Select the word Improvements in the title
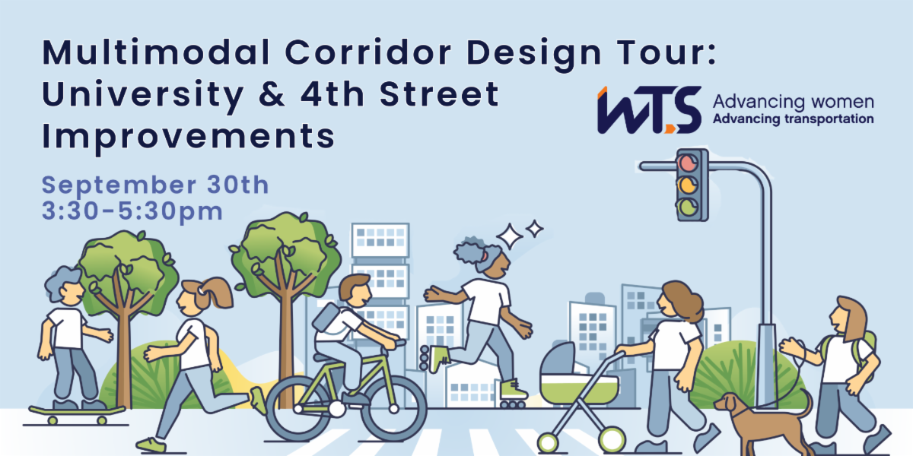point(189,137)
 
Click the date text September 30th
point(155,185)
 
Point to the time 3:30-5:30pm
point(132,211)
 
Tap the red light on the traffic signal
point(689,163)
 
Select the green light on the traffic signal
point(689,206)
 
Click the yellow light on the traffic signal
point(689,184)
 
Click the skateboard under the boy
point(77,413)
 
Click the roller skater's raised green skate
point(434,357)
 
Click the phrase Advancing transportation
point(792,119)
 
